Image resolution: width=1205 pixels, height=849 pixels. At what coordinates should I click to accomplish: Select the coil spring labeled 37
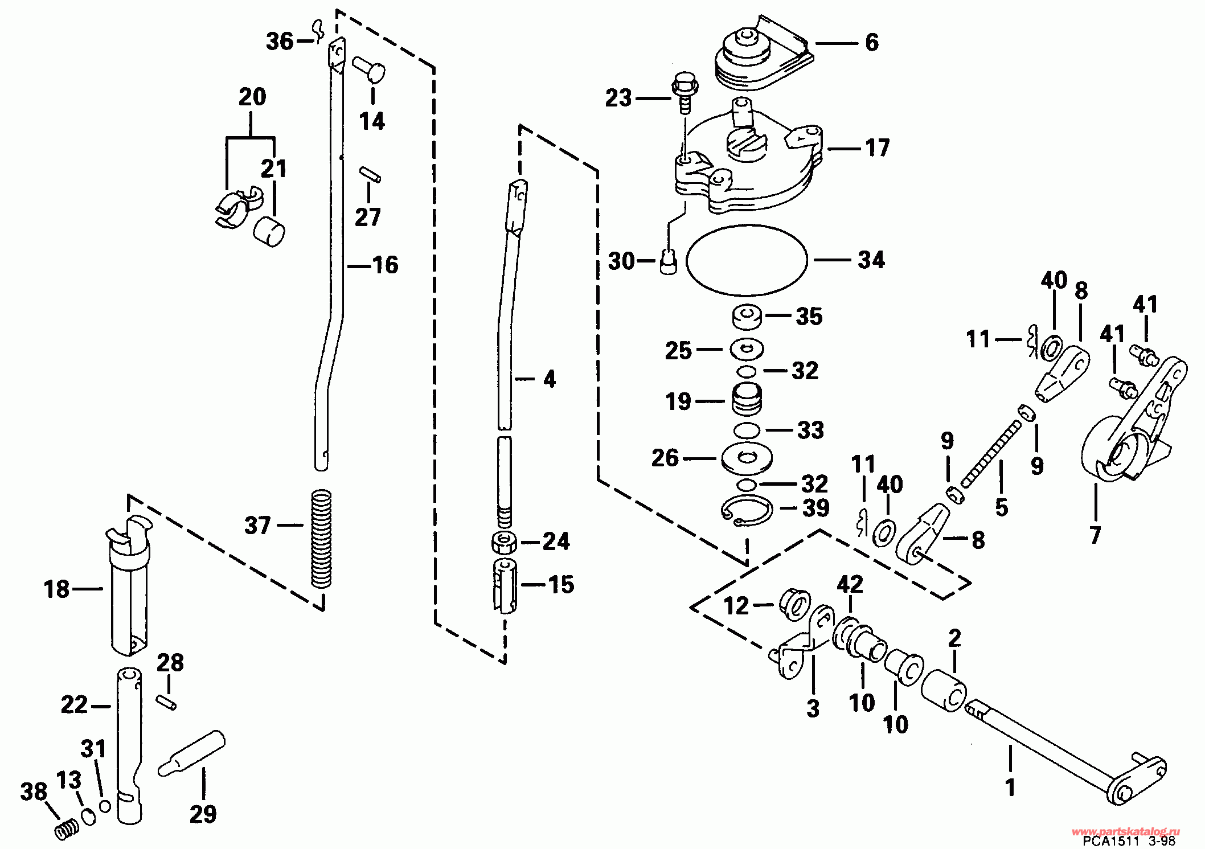(x=322, y=538)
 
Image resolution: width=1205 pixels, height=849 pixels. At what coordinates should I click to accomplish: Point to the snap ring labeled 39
(x=747, y=508)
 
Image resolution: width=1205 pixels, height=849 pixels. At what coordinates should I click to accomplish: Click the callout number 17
(x=878, y=149)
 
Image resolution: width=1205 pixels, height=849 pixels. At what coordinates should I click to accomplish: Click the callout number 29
(x=203, y=814)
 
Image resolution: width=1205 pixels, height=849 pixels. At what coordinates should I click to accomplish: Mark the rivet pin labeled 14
(x=369, y=69)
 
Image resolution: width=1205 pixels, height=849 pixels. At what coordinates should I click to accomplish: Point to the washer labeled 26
(x=746, y=457)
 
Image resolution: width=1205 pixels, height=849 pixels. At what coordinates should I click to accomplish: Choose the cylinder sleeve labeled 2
(x=943, y=690)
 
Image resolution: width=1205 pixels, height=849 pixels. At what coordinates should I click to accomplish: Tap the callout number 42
(x=850, y=585)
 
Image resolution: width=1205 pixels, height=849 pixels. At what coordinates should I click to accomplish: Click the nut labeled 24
(x=503, y=542)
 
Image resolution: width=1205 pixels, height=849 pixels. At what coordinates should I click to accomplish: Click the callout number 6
(x=872, y=43)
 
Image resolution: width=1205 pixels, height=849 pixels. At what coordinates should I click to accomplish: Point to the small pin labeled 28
(x=166, y=699)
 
